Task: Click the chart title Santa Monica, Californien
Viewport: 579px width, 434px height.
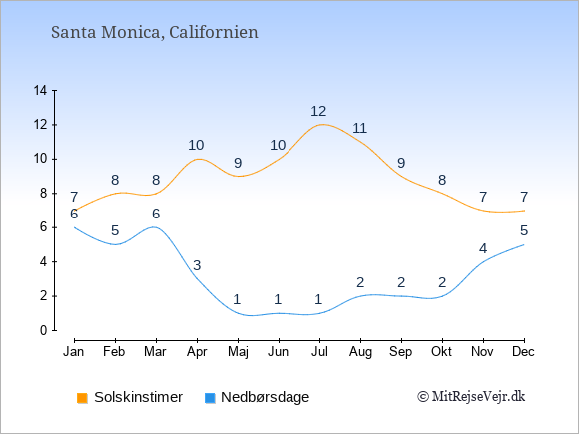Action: coord(155,33)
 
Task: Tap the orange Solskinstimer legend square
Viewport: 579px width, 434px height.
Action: coord(82,398)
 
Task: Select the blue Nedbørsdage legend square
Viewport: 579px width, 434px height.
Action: coord(210,398)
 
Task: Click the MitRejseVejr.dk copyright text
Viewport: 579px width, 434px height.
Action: coord(471,397)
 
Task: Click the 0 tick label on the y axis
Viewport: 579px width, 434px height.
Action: coord(44,330)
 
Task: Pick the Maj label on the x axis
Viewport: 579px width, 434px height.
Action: coord(238,352)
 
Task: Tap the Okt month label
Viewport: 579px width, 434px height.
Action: coord(441,352)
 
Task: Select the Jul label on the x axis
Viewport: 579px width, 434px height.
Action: coord(319,352)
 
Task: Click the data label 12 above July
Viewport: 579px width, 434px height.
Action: coord(318,111)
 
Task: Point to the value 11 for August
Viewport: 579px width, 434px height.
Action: coord(359,128)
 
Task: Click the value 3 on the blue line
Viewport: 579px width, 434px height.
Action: coord(197,265)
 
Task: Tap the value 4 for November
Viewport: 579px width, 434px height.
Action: coord(483,248)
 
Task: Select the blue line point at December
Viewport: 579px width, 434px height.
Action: coord(524,244)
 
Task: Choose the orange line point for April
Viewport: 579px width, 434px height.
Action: coord(198,159)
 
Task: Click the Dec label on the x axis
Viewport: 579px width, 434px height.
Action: coord(523,352)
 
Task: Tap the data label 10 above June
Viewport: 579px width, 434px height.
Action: coord(278,145)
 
